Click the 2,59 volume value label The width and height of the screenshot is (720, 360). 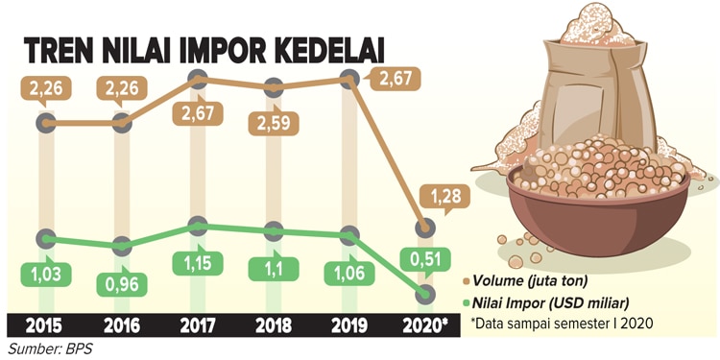pyautogui.click(x=274, y=123)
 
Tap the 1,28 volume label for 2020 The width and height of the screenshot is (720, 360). pyautogui.click(x=444, y=197)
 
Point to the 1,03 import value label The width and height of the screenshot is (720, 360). pyautogui.click(x=46, y=275)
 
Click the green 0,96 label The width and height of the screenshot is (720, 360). pyautogui.click(x=122, y=284)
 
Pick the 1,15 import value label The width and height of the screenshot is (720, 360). pyautogui.click(x=198, y=263)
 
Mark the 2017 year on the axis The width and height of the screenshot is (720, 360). pyautogui.click(x=198, y=325)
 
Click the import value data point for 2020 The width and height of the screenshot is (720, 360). pyautogui.click(x=424, y=295)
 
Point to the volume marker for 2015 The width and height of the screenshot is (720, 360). pyautogui.click(x=46, y=123)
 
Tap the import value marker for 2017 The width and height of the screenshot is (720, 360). pyautogui.click(x=198, y=226)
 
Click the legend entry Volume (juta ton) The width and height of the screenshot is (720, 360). pyautogui.click(x=526, y=281)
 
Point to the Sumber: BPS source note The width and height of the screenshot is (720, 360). pyautogui.click(x=50, y=348)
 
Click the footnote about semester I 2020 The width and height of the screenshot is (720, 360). pyautogui.click(x=562, y=323)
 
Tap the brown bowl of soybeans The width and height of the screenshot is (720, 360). pyautogui.click(x=598, y=202)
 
